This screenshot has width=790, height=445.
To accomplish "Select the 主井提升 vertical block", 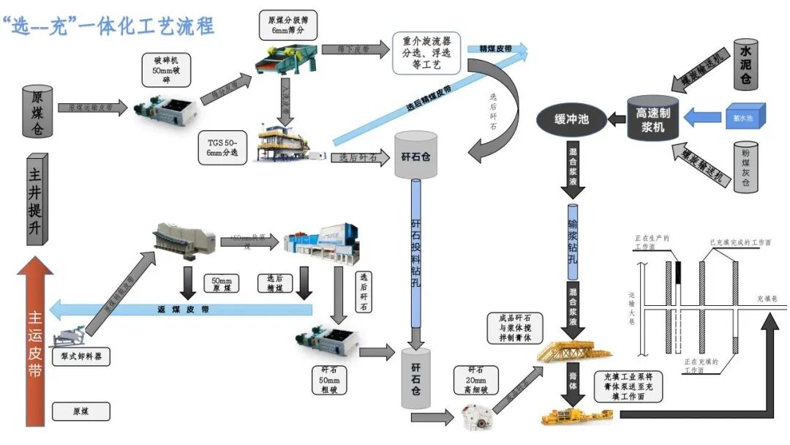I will (x=37, y=199).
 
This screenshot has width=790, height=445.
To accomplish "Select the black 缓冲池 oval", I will (x=573, y=117).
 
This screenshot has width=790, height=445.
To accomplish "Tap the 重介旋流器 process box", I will (x=426, y=53).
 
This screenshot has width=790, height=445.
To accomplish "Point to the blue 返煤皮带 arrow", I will (x=183, y=310).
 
